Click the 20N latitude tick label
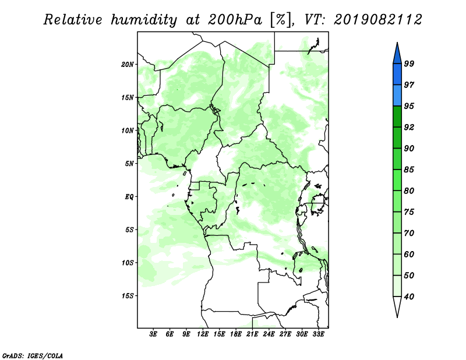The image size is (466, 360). click(128, 64)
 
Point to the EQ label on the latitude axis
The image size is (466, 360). click(129, 196)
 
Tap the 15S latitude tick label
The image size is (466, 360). click(128, 296)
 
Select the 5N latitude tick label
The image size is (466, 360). click(129, 164)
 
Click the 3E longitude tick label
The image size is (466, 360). click(153, 334)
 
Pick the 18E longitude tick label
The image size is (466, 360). click(236, 334)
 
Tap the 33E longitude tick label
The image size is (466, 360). click(318, 334)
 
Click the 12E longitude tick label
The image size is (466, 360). click(203, 334)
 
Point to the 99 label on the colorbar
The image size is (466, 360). click(409, 63)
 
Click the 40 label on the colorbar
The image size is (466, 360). click(409, 297)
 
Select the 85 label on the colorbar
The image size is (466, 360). click(409, 170)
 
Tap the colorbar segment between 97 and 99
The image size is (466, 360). click(397, 75)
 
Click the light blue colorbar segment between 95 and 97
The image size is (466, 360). click(397, 96)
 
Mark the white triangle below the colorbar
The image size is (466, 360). click(397, 306)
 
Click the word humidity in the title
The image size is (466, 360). click(144, 20)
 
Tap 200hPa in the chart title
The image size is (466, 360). click(235, 20)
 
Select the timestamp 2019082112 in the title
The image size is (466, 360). click(377, 20)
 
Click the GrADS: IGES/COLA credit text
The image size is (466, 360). click(33, 356)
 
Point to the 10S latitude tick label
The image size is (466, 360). click(128, 263)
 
